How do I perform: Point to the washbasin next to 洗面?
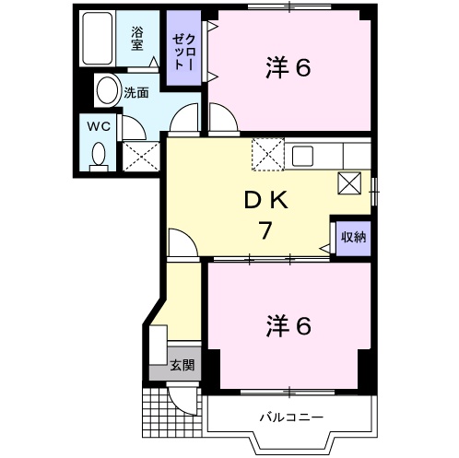pos(108,91)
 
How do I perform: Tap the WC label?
pos(99,126)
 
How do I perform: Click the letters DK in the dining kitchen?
pos(265,198)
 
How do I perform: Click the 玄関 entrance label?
pos(182,366)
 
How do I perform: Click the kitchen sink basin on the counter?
pos(305,156)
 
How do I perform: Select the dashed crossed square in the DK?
pos(267,153)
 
